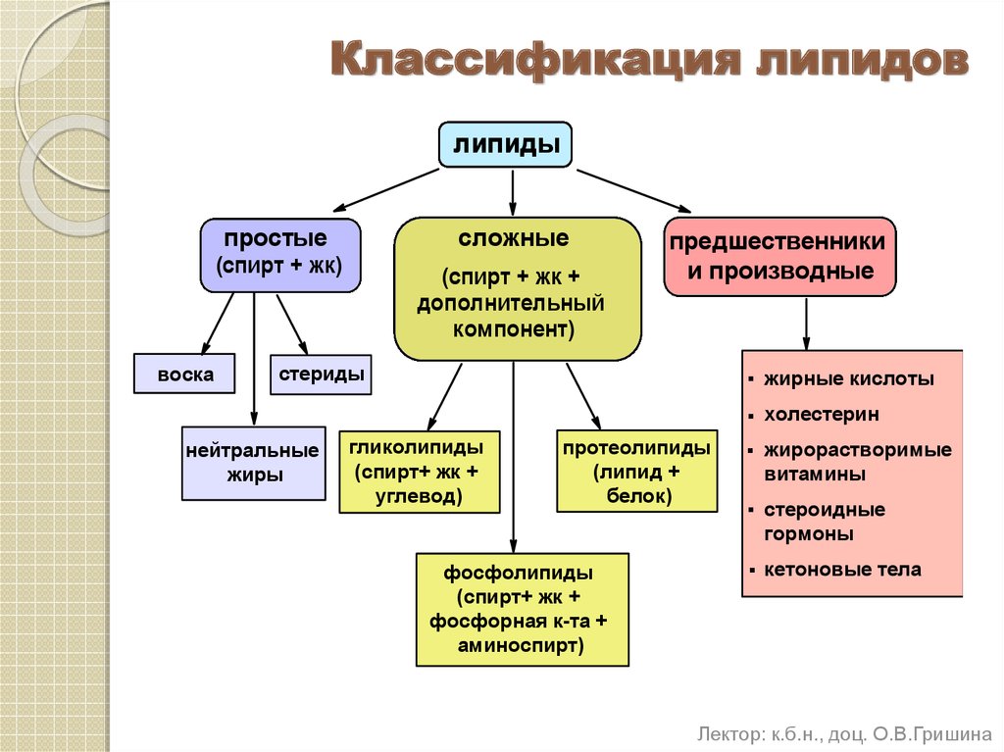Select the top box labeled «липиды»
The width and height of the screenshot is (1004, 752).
click(505, 145)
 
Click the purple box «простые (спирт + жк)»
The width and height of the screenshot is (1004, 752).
click(280, 255)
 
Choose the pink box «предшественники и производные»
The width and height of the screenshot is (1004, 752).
click(779, 257)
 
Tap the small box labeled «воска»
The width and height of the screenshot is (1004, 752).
click(184, 374)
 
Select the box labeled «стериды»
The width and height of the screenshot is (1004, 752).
click(321, 374)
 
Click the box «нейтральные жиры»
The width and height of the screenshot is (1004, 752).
click(253, 463)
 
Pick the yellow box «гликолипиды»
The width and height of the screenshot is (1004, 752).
click(419, 472)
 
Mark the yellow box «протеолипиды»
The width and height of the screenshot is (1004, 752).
click(636, 472)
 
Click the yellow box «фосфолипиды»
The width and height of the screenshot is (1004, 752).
click(522, 609)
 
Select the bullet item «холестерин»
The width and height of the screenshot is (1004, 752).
click(822, 415)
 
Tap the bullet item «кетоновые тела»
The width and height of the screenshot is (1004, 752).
click(842, 570)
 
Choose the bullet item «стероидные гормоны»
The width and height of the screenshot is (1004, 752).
click(824, 522)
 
